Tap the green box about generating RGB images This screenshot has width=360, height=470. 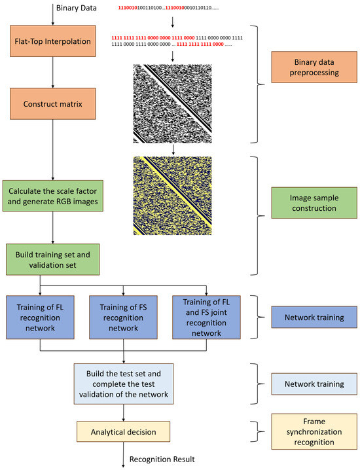[x=52, y=195]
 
